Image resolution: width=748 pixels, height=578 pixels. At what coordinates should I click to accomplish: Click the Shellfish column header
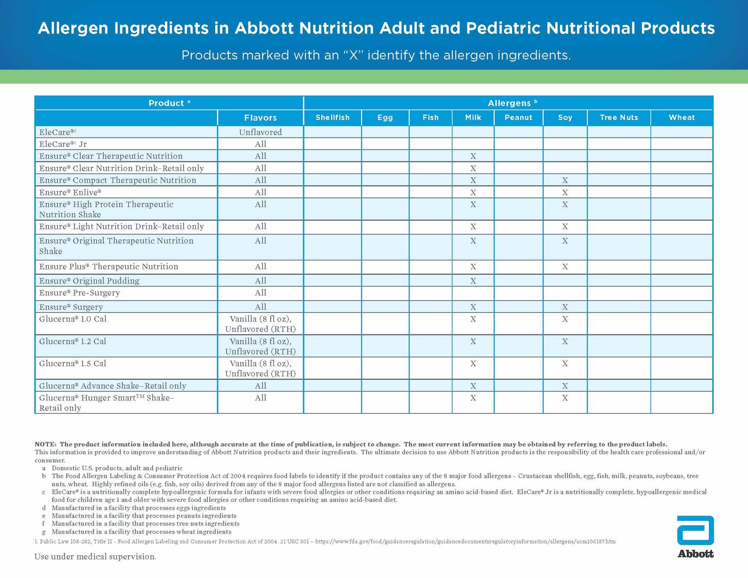point(332,117)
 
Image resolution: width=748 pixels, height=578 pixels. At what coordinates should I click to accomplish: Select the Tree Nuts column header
point(619,117)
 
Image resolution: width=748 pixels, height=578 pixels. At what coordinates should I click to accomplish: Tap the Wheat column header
point(682,117)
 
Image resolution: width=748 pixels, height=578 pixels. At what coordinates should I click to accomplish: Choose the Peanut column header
point(518,117)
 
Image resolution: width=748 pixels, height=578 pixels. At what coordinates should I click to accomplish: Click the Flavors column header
point(260,117)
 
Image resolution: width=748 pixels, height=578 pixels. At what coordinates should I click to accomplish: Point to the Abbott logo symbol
point(695,531)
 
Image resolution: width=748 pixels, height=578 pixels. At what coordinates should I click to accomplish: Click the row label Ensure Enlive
point(70,192)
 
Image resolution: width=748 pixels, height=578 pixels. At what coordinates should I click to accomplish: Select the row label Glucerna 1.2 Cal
point(73,341)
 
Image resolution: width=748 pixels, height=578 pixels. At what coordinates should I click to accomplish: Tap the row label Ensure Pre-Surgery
point(79,293)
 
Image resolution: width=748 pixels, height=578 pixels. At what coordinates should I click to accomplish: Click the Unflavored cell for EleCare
point(260,132)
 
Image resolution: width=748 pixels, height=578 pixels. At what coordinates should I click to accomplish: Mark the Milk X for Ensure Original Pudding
point(473,281)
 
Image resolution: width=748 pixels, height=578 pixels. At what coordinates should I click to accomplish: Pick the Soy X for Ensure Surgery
point(565,307)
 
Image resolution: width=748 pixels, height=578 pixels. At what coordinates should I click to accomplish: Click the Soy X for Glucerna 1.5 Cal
point(565,364)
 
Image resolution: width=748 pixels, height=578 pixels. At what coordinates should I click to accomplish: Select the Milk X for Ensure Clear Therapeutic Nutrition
point(473,157)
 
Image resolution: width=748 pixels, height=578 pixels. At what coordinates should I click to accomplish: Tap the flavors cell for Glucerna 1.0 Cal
point(260,324)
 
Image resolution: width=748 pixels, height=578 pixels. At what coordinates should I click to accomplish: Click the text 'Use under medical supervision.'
point(95,557)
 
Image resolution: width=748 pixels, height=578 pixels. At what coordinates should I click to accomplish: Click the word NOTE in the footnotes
point(45,444)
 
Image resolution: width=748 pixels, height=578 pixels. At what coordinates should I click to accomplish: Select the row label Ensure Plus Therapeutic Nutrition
point(109,267)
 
